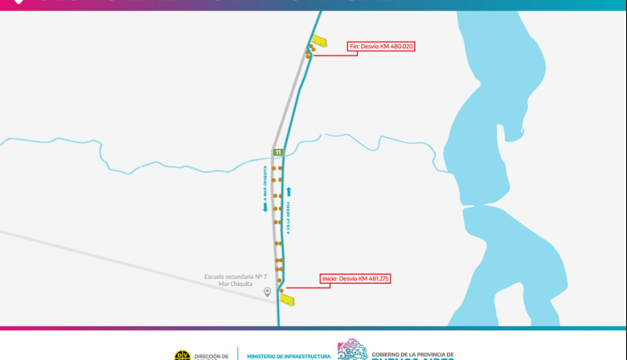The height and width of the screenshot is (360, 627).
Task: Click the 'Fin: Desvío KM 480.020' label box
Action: [x=381, y=47]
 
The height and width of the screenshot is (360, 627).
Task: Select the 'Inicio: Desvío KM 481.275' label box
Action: [x=355, y=278]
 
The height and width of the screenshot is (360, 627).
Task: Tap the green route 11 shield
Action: [x=278, y=152]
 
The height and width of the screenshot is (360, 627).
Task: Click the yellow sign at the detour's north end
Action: [x=320, y=42]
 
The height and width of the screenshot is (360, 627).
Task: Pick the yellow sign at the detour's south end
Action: [x=287, y=300]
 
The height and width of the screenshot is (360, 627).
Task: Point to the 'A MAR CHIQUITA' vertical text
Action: [x=264, y=184]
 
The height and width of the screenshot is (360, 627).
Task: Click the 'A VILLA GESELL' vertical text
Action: [x=288, y=217]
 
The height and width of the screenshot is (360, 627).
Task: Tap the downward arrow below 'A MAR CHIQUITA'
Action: [x=264, y=207]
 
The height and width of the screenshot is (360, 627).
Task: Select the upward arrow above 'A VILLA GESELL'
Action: [x=288, y=192]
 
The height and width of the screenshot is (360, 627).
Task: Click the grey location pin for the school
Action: [x=268, y=292]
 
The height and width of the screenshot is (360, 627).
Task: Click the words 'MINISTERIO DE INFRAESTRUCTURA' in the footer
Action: [x=289, y=355]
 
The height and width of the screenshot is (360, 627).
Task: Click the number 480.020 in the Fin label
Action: [x=399, y=47]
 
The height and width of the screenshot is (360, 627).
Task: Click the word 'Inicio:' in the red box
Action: [x=330, y=278]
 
